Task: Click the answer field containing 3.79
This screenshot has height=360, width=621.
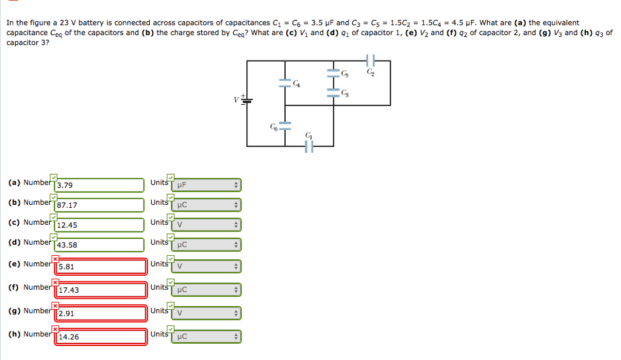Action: [99, 185]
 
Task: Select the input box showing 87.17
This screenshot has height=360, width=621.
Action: [99, 205]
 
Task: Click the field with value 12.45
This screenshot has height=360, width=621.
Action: [99, 225]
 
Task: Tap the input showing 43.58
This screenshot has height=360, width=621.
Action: [99, 245]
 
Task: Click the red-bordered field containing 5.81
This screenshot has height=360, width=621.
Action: [101, 266]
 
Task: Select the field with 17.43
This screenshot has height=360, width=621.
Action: [101, 290]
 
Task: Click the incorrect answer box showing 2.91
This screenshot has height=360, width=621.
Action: [101, 313]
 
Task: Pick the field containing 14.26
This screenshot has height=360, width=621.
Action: [101, 336]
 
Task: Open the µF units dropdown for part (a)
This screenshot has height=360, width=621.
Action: [207, 185]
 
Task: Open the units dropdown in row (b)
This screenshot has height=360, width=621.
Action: [207, 205]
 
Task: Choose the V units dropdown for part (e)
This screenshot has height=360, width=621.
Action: [207, 266]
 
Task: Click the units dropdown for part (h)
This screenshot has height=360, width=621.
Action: [207, 336]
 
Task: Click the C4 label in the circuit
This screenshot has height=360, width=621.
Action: [296, 84]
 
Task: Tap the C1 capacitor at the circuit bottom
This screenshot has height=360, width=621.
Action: [309, 146]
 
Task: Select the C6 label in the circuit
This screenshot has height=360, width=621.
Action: [274, 127]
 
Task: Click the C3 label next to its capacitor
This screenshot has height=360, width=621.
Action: [345, 92]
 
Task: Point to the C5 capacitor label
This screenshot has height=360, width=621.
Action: [345, 74]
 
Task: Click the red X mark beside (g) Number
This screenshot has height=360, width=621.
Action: [55, 305]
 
